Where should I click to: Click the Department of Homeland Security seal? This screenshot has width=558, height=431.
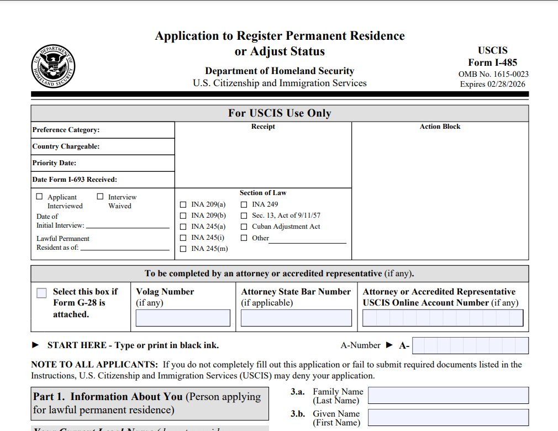(x=53, y=65)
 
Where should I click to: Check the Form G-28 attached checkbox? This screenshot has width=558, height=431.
(x=41, y=293)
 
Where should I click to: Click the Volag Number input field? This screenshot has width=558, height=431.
(x=183, y=318)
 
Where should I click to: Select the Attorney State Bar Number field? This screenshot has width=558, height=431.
(x=296, y=318)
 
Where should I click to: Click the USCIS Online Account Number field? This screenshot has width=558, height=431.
(x=443, y=318)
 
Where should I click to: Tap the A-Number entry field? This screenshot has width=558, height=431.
(x=470, y=345)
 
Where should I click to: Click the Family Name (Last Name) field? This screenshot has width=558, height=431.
(x=448, y=395)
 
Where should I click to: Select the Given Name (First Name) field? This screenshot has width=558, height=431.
(x=448, y=417)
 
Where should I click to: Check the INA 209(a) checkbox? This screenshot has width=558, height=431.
(x=183, y=204)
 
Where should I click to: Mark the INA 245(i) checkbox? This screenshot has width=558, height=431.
(x=183, y=238)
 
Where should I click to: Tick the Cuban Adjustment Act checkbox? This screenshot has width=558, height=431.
(x=244, y=227)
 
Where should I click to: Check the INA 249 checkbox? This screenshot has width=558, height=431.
(x=244, y=204)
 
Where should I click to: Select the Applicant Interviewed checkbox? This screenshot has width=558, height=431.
(x=39, y=196)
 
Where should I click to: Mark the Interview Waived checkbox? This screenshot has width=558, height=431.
(x=100, y=196)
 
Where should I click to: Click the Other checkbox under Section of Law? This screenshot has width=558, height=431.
(x=244, y=238)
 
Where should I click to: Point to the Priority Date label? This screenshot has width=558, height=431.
(x=54, y=163)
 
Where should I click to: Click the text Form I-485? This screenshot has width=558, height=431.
(x=493, y=62)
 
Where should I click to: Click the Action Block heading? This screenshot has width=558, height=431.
(x=440, y=127)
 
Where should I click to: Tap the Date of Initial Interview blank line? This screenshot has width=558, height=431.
(x=128, y=227)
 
